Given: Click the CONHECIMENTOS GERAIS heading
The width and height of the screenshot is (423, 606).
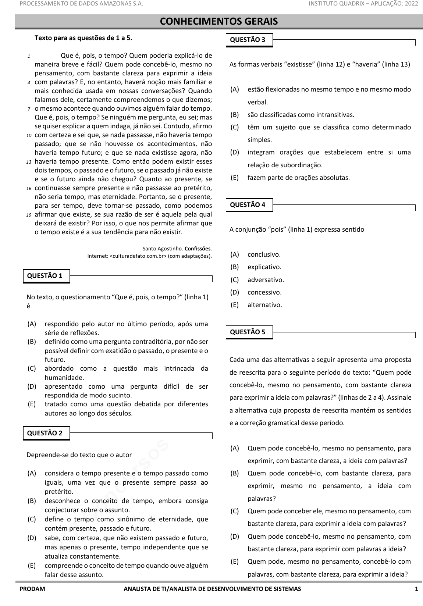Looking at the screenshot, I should point(219,22).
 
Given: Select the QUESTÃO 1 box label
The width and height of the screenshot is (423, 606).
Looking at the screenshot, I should point(45,276).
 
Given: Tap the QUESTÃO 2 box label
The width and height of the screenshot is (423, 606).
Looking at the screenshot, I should point(45,433).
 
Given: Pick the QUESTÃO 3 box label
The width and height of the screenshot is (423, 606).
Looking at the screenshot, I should point(248,40).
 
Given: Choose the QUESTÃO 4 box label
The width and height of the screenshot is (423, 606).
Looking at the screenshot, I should point(248,205).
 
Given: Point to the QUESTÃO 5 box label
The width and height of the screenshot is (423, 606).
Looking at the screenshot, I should point(248,332).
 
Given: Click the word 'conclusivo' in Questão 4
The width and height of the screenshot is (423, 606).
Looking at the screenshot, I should point(264,254).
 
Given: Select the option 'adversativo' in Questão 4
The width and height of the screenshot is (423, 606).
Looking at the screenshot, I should point(266,280).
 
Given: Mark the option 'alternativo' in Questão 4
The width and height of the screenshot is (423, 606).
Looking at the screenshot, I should point(264,305).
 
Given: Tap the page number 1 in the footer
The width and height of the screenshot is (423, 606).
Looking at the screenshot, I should point(416,589).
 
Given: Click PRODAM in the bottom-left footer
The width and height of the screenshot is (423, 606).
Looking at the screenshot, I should point(32,589).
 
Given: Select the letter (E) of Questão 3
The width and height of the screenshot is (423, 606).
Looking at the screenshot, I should point(235,178).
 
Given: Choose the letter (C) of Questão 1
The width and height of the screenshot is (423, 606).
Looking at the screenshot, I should point(32,368).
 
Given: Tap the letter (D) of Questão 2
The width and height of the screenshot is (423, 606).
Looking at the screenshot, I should point(32,538).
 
